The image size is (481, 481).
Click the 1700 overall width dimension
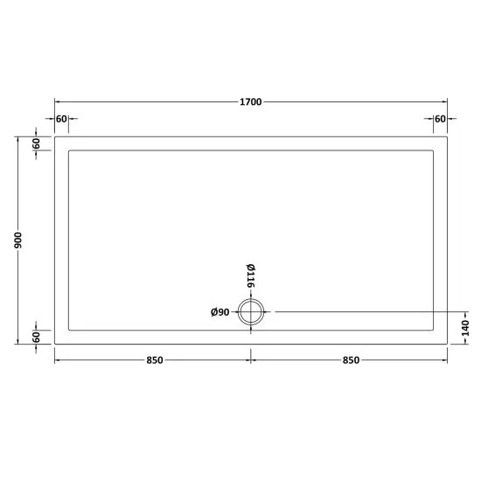tap(251, 101)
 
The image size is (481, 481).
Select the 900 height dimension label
tap(18, 240)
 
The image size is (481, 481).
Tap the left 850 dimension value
tap(155, 360)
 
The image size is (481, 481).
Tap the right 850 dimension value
tap(351, 360)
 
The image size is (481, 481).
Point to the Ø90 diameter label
tap(220, 312)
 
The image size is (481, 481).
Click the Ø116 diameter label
tap(251, 275)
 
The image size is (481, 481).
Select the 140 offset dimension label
tap(465, 328)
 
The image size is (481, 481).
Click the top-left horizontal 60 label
tap(61, 119)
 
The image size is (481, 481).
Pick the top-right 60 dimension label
tap(440, 119)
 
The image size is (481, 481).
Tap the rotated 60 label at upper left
tap(36, 143)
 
